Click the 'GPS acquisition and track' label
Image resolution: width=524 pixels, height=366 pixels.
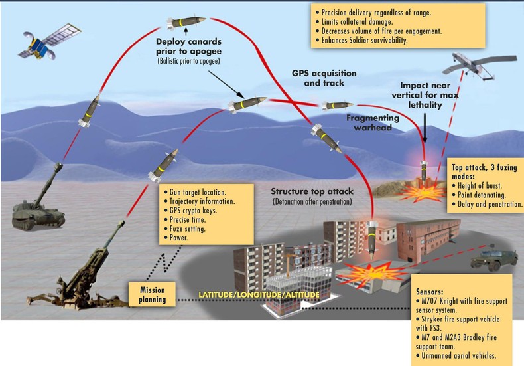(324, 78)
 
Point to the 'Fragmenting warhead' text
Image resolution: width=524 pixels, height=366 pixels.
(373, 122)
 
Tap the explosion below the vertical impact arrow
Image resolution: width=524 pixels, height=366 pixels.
(421, 193)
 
